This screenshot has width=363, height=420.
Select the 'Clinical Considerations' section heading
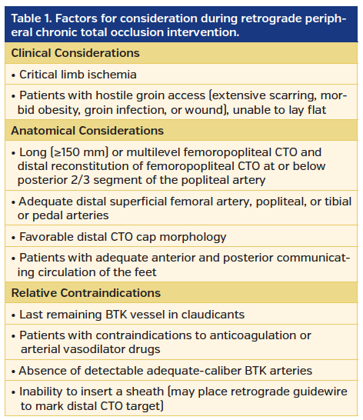75,53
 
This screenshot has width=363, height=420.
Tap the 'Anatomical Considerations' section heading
87,131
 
